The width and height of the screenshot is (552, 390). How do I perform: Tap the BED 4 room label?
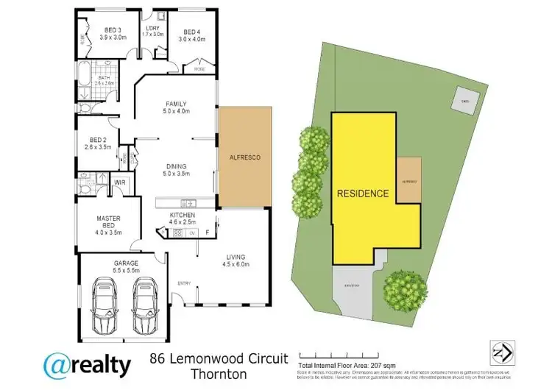(191, 32)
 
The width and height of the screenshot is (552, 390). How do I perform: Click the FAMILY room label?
(176, 104)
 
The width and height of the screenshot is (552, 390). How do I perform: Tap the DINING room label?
(176, 166)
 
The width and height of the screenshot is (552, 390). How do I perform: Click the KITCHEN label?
(181, 214)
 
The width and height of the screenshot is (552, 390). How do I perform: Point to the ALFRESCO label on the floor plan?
(244, 157)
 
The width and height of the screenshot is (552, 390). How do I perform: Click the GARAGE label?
(116, 262)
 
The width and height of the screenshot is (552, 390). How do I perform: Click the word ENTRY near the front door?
(183, 283)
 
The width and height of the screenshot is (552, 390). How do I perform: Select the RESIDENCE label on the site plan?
(363, 194)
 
